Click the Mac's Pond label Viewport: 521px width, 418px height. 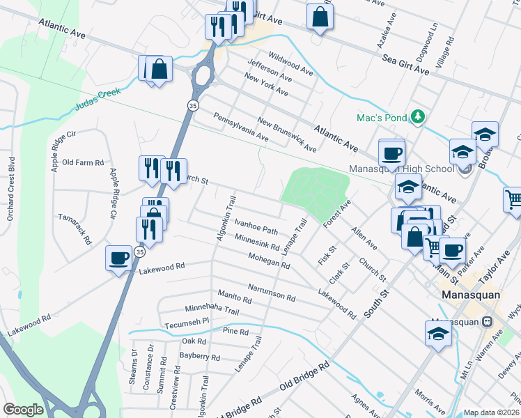pyautogui.click(x=381, y=118)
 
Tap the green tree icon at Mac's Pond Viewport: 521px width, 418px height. pyautogui.click(x=417, y=116)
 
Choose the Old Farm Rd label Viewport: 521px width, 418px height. pyautogui.click(x=83, y=162)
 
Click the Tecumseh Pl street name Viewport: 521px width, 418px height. pyautogui.click(x=187, y=323)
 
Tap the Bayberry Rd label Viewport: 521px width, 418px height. pyautogui.click(x=200, y=357)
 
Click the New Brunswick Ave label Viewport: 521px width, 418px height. pyautogui.click(x=286, y=135)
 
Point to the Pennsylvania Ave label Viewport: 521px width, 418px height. pyautogui.click(x=241, y=127)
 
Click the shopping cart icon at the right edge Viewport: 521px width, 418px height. pyautogui.click(x=513, y=200)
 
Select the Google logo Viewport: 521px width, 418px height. pyautogui.click(x=23, y=410)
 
